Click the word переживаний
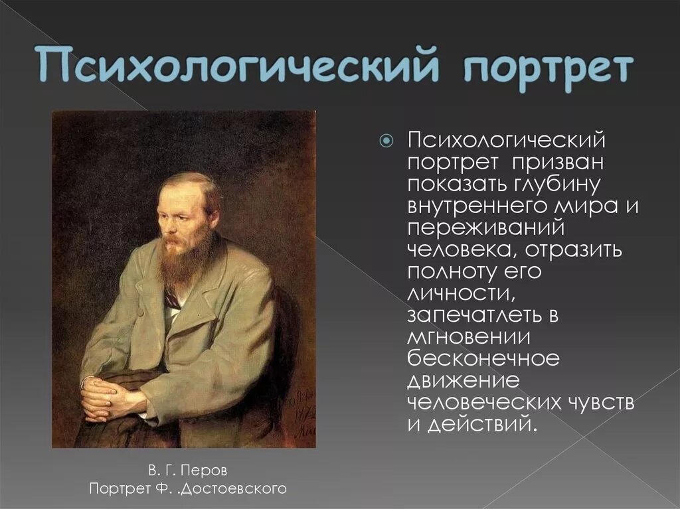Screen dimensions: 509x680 [x=485, y=227]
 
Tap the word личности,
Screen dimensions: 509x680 [x=454, y=293]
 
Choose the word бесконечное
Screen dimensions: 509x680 [x=484, y=358]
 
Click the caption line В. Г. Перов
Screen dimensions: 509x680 [x=188, y=471]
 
